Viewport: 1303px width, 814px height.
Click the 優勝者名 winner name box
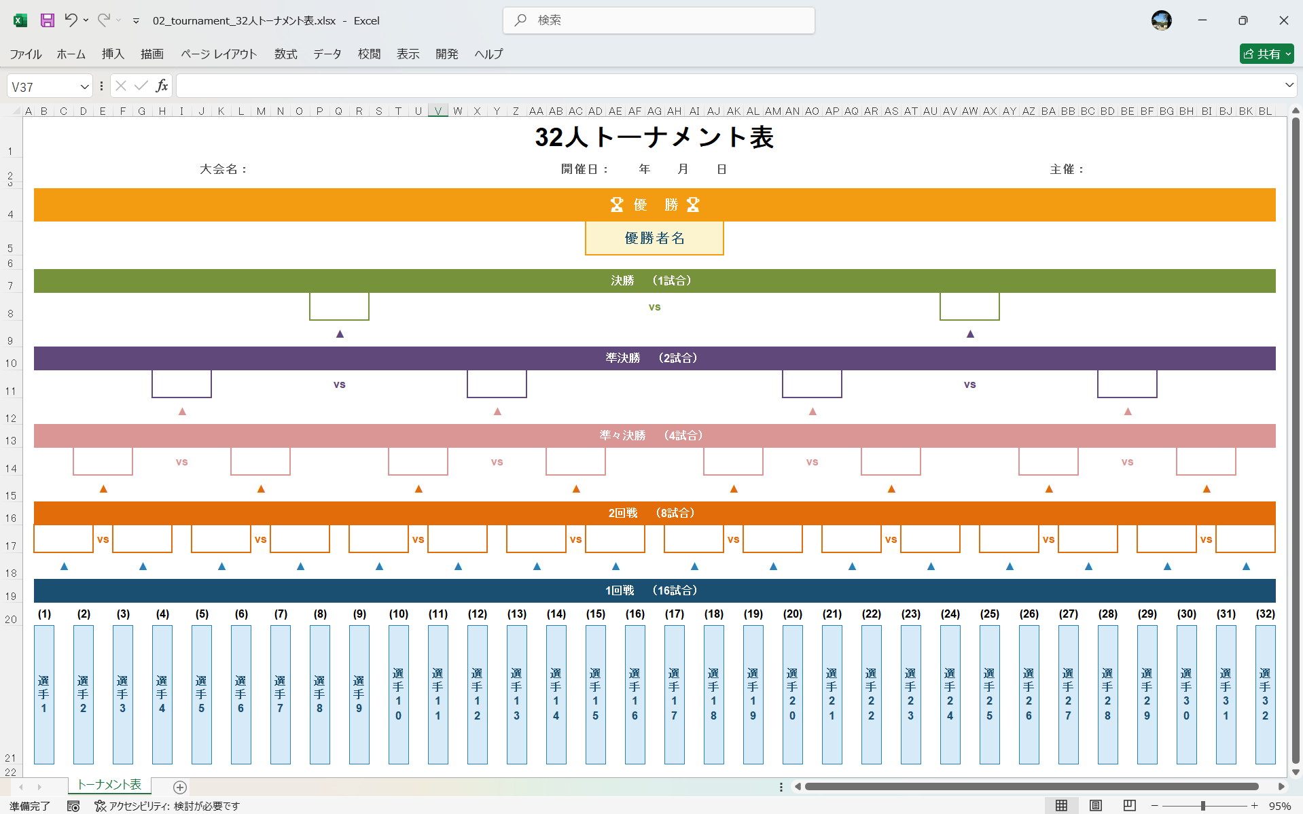coord(654,238)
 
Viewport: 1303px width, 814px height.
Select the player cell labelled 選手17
coord(674,694)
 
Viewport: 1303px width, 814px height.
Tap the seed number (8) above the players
coord(320,614)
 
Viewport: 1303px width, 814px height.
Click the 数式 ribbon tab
coord(285,54)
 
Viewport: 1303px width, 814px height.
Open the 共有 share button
coord(1266,54)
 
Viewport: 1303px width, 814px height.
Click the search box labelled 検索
coord(659,20)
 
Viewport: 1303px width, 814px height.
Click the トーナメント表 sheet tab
coord(109,785)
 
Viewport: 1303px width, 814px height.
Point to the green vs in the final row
coord(654,307)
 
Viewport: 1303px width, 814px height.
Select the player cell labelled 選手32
coord(1265,694)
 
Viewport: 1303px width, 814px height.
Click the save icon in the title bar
coord(47,20)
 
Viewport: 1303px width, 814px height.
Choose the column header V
coord(438,111)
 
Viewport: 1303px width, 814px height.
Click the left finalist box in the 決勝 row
coord(339,306)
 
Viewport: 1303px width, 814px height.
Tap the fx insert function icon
coord(162,86)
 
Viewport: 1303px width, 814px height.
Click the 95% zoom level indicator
coord(1279,806)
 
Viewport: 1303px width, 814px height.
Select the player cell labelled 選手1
coord(44,694)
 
